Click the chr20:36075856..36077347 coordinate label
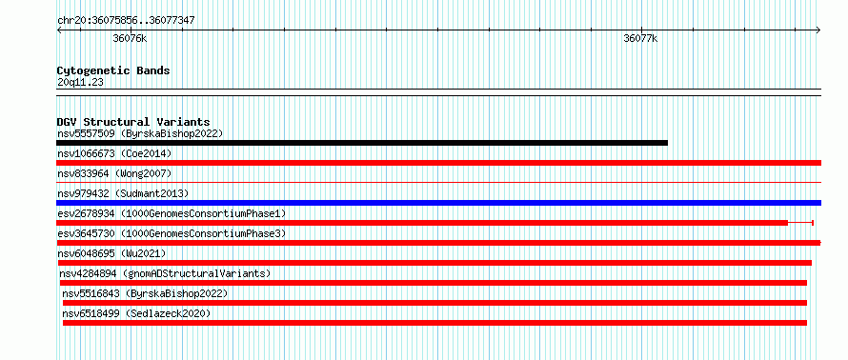tap(126, 21)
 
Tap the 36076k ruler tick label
tap(130, 38)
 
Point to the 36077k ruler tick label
tap(640, 38)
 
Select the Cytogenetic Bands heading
tap(113, 70)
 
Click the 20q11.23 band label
tap(80, 83)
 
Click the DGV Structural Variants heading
tap(133, 122)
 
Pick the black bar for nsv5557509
tap(362, 143)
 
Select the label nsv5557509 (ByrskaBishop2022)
tap(140, 133)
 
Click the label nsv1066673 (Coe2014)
tap(114, 153)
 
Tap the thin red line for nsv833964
tap(438, 183)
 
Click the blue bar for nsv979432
tap(438, 203)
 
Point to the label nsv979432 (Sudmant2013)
tap(123, 193)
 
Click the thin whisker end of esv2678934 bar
tap(813, 223)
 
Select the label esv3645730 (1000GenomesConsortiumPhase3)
tap(172, 233)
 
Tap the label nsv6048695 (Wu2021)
tap(111, 253)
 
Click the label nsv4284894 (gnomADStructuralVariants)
tap(165, 273)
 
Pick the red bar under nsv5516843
tap(434, 303)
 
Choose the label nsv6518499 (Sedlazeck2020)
tap(136, 313)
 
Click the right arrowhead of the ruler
tap(818, 30)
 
